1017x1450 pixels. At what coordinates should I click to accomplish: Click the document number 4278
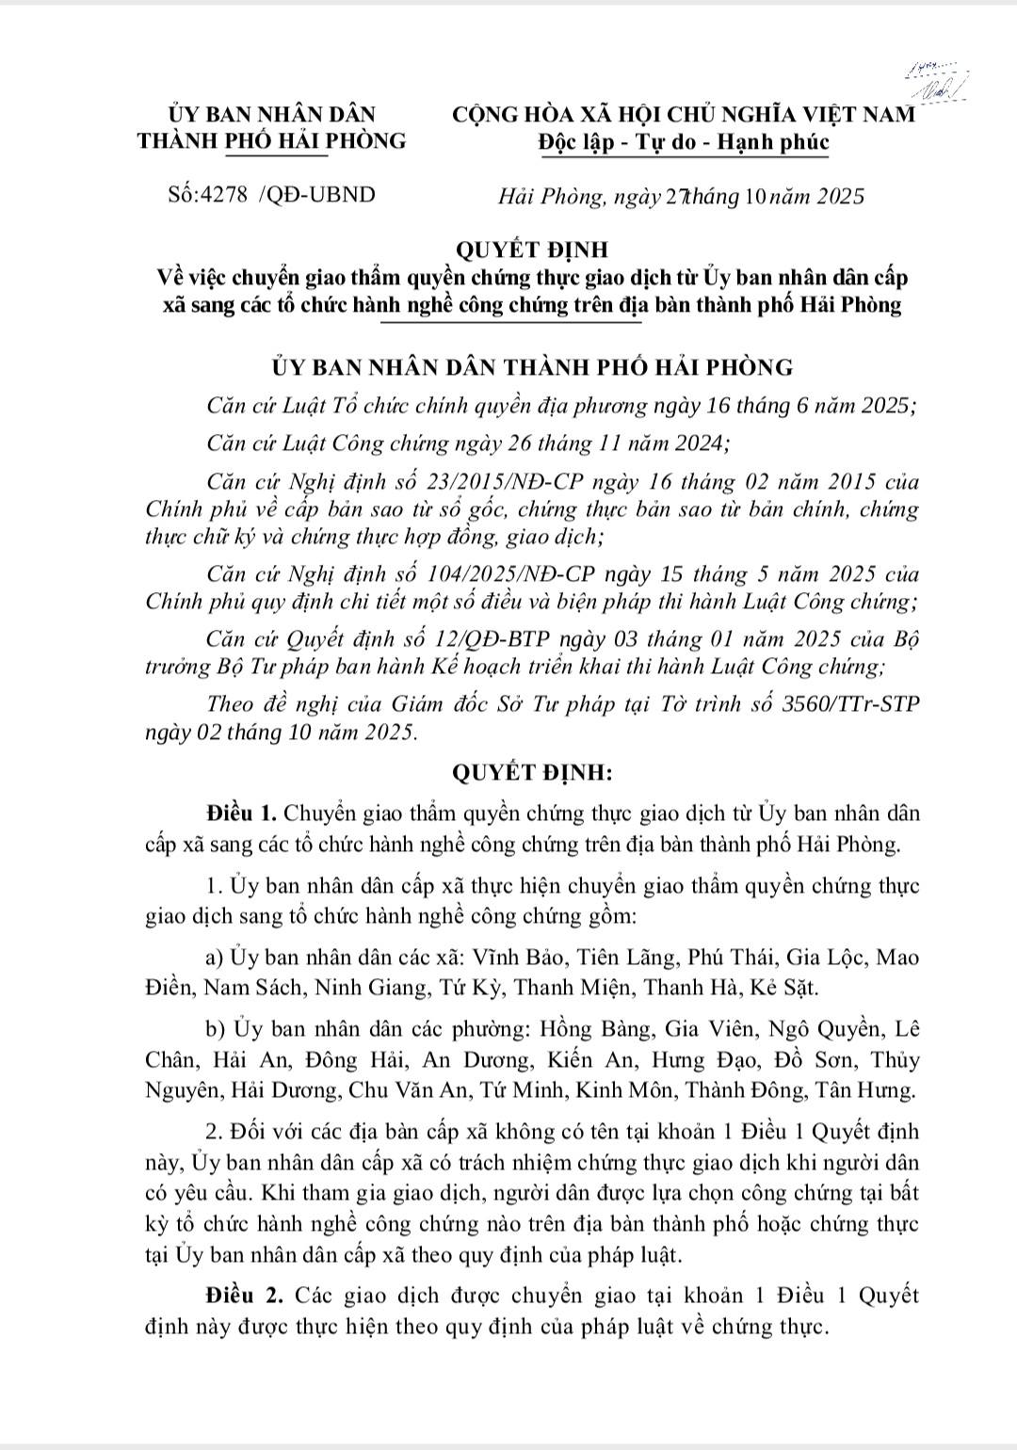[x=225, y=195]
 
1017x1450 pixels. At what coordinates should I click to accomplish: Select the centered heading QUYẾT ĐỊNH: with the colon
[x=532, y=773]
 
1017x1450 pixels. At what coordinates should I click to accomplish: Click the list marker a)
[x=215, y=958]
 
